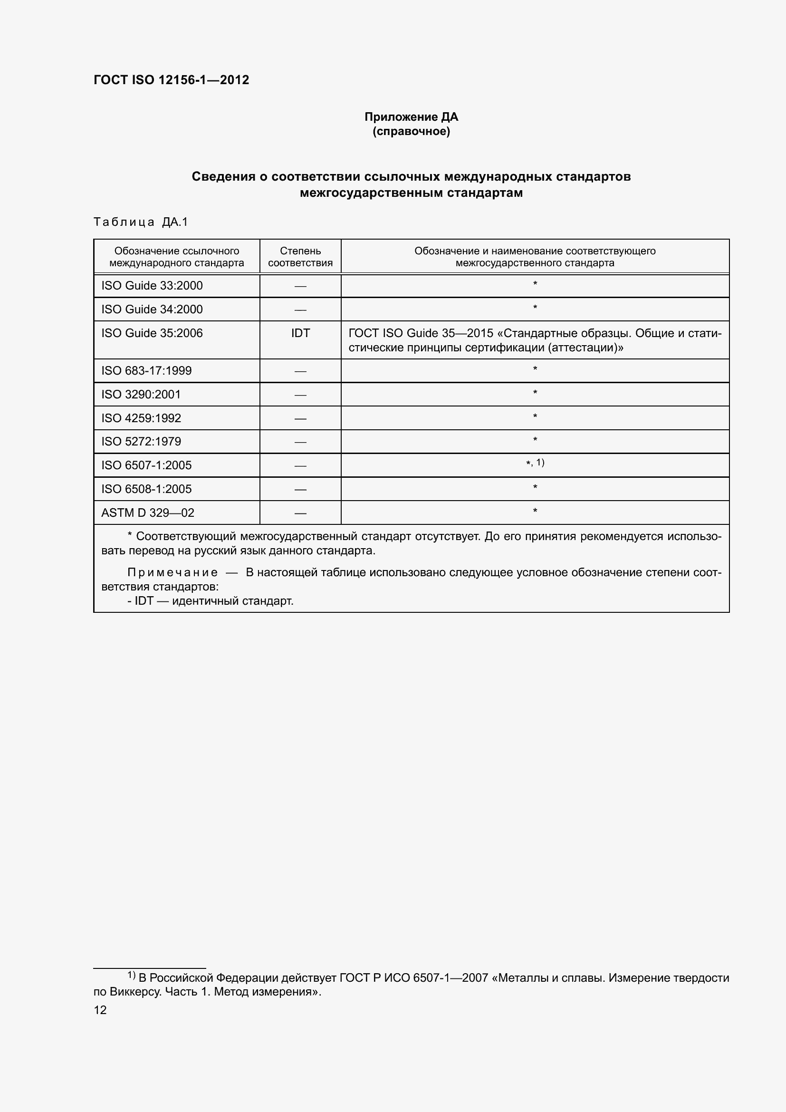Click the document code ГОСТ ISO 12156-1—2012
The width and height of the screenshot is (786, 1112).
[x=171, y=80]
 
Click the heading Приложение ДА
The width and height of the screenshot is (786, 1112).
[x=411, y=117]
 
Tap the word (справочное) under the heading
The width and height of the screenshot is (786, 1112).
[x=411, y=131]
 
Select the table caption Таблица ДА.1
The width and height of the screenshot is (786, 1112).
[x=140, y=222]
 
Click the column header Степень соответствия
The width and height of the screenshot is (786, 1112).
[x=300, y=257]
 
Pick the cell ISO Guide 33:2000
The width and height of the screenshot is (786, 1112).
[x=152, y=286]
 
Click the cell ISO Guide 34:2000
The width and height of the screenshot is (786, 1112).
[x=152, y=309]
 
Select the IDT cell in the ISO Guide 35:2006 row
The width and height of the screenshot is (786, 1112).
[x=300, y=333]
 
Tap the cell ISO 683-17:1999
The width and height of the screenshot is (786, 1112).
[x=146, y=371]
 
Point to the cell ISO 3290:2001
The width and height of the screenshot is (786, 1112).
[x=141, y=395]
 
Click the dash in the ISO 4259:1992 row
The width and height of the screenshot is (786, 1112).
[x=300, y=418]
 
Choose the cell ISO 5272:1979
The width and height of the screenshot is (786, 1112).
[x=141, y=442]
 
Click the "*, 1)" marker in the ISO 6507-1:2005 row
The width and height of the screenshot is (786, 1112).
[x=535, y=463]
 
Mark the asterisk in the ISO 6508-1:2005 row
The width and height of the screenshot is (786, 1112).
[x=535, y=487]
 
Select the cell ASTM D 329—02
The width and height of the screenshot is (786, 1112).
[x=148, y=513]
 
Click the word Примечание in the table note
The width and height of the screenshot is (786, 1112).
[x=173, y=572]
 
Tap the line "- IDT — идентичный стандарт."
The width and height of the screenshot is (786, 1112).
[x=210, y=601]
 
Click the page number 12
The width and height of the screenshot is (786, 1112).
[x=100, y=1010]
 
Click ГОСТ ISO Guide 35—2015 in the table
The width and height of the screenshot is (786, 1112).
[x=421, y=333]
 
